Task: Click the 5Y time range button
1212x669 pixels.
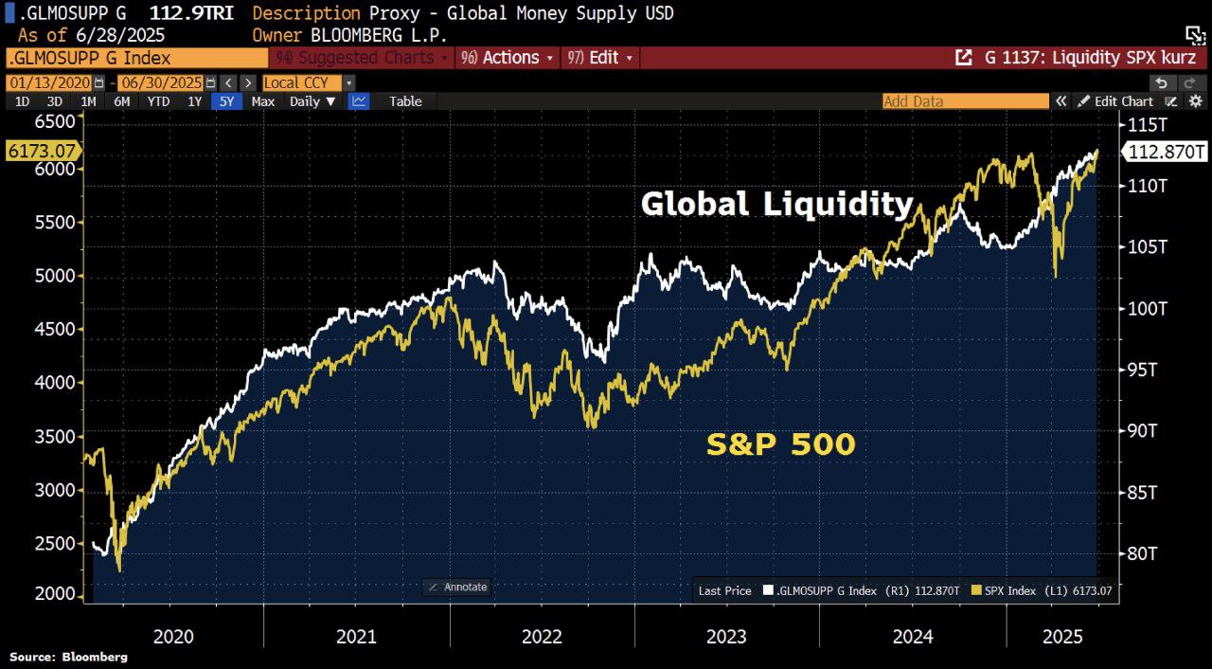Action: pyautogui.click(x=227, y=101)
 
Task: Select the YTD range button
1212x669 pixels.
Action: pyautogui.click(x=158, y=101)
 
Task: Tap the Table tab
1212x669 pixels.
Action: pyautogui.click(x=405, y=101)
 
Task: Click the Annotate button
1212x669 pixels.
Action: pyautogui.click(x=456, y=588)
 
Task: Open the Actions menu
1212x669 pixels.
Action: pyautogui.click(x=510, y=58)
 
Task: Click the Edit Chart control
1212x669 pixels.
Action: pyautogui.click(x=1123, y=101)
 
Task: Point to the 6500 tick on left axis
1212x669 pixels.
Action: pyautogui.click(x=54, y=121)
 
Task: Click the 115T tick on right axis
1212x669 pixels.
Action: pyautogui.click(x=1141, y=124)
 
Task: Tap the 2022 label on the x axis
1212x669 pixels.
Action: pyautogui.click(x=542, y=637)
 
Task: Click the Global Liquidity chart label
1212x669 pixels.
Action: pyautogui.click(x=776, y=204)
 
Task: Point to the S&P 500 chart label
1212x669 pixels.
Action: pyautogui.click(x=781, y=444)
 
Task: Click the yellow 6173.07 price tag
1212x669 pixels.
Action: pyautogui.click(x=41, y=151)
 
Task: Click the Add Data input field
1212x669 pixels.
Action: pyautogui.click(x=964, y=101)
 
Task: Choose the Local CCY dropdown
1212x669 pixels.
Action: pyautogui.click(x=308, y=82)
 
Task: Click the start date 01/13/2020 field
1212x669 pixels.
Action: pyautogui.click(x=48, y=82)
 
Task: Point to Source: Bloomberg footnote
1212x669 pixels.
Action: pyautogui.click(x=68, y=657)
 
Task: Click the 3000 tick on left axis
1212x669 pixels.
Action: pyautogui.click(x=54, y=490)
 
